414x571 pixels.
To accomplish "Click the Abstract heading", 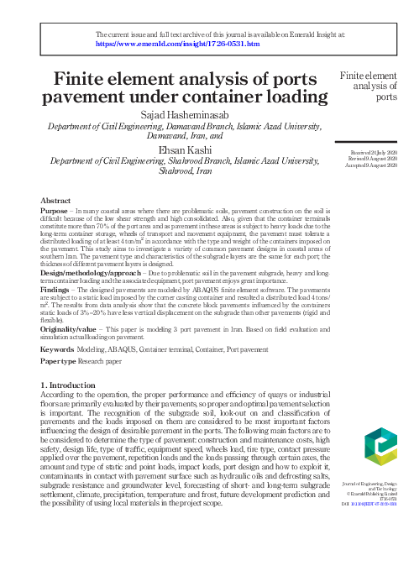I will (x=55, y=202).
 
